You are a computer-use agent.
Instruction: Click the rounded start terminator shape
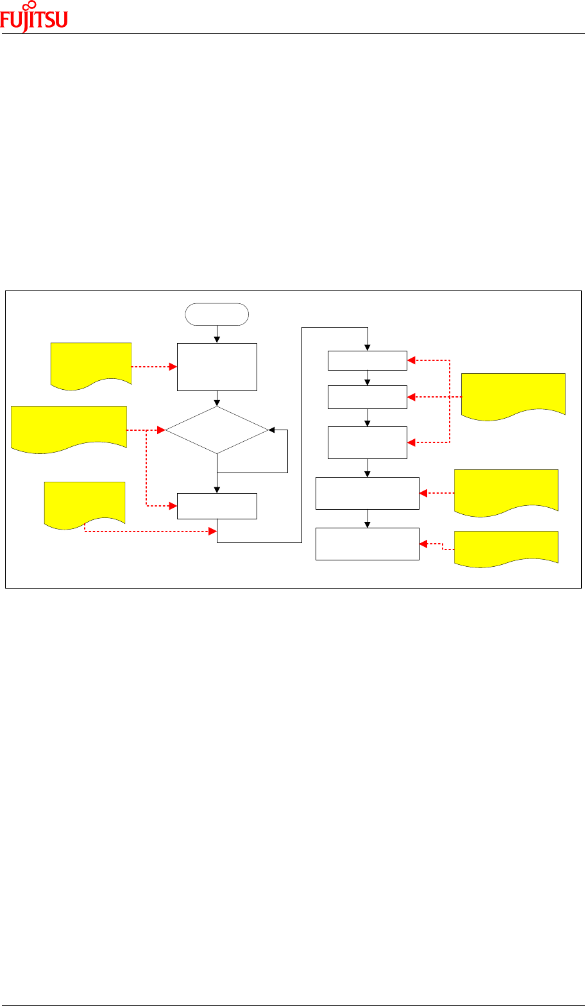217,314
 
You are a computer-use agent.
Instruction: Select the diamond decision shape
217,430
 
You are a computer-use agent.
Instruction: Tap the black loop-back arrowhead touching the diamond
271,430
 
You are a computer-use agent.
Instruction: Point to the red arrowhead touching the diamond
162,430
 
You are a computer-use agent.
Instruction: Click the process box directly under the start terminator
217,367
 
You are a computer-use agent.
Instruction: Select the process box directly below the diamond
217,506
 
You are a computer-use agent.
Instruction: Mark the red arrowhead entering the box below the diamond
173,506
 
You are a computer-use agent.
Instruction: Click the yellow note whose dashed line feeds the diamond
69,426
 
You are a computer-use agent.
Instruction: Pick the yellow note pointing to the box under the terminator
91,363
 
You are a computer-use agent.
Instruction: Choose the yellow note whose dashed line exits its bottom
83,502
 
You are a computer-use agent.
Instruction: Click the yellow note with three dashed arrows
513,394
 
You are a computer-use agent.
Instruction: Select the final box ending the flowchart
368,544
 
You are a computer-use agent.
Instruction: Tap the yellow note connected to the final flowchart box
505,546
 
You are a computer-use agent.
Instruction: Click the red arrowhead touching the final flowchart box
423,544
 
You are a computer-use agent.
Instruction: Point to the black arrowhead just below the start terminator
217,339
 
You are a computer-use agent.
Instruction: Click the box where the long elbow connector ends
368,360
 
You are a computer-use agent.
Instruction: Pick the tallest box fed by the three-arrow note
368,442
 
